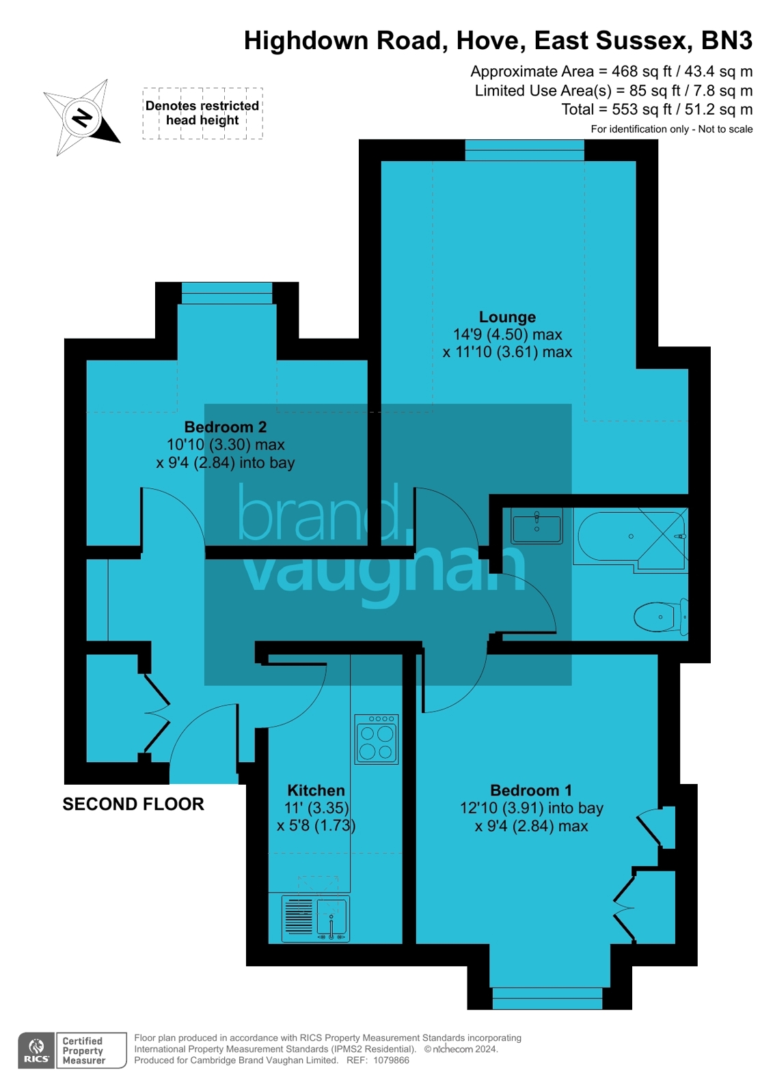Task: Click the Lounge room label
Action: coord(507,317)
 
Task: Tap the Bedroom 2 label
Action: coord(225,427)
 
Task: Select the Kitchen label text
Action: coord(316,790)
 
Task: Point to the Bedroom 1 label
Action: coord(531,790)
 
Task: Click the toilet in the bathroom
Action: coord(660,617)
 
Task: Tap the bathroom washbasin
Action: coord(537,526)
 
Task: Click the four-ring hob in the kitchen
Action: coord(377,739)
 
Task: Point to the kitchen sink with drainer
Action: coord(316,917)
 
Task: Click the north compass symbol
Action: coord(82,117)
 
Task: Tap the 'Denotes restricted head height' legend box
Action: coord(202,113)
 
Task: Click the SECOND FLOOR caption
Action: coord(133,804)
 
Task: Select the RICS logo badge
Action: coord(36,1050)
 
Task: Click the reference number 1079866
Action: coord(391,1061)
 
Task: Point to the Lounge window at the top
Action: coord(524,150)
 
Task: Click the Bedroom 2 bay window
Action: coord(226,294)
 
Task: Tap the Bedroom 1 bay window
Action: coord(547,998)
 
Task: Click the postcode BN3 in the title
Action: coord(727,41)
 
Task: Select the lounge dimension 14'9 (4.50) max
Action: coord(507,335)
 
